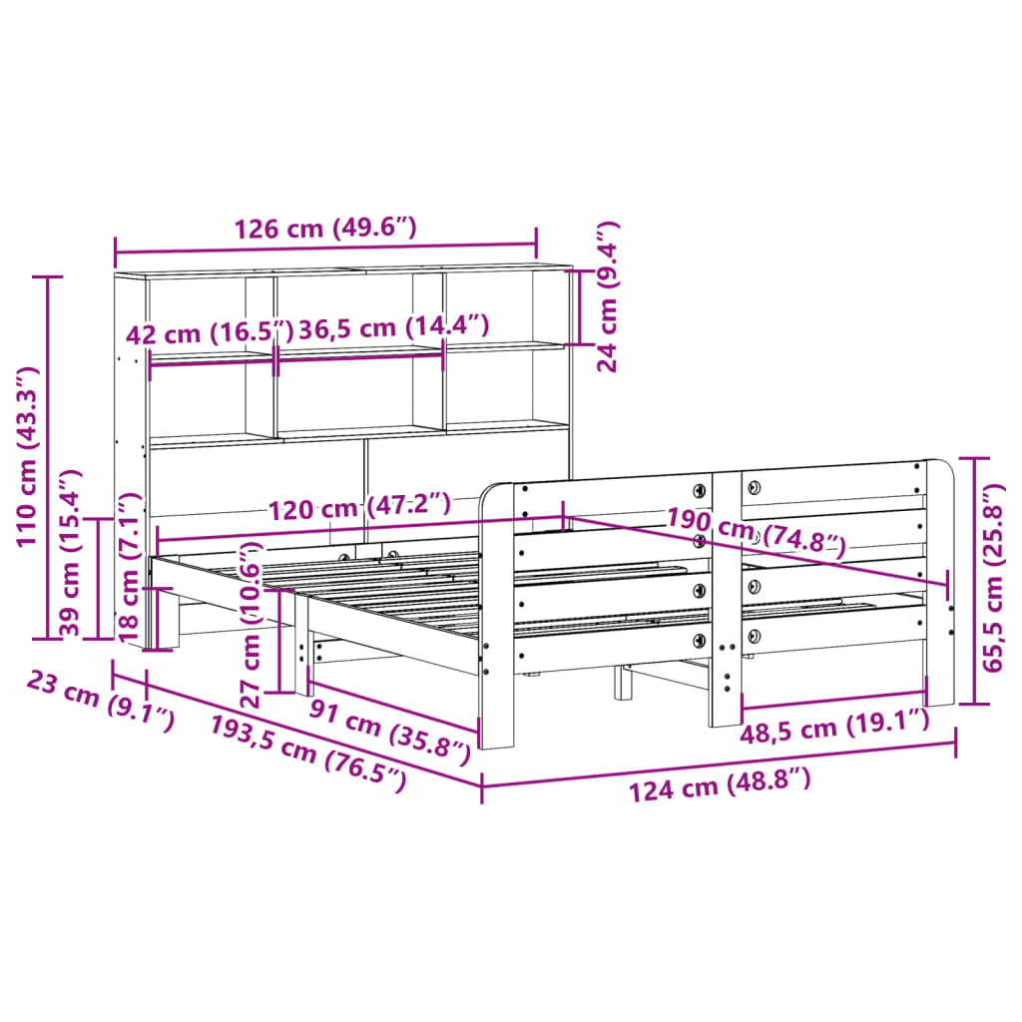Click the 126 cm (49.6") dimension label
[x=324, y=229]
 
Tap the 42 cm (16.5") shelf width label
[x=211, y=331]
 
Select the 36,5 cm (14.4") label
[x=393, y=326]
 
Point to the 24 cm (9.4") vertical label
[x=608, y=296]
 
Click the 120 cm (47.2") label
[x=359, y=507]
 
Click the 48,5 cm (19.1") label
[x=834, y=727]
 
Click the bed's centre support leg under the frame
[x=624, y=683]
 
